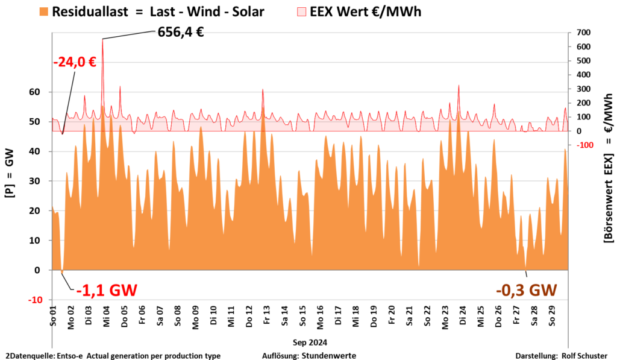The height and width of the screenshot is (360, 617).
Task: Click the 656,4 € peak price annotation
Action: pyautogui.click(x=180, y=32)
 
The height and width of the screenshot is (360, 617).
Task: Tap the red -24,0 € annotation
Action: pyautogui.click(x=75, y=63)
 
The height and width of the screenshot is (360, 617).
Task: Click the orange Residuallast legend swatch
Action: pyautogui.click(x=43, y=11)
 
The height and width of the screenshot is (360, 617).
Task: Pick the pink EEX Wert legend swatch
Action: pyautogui.click(x=301, y=11)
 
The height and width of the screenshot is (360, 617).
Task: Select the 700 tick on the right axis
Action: pyautogui.click(x=583, y=33)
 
